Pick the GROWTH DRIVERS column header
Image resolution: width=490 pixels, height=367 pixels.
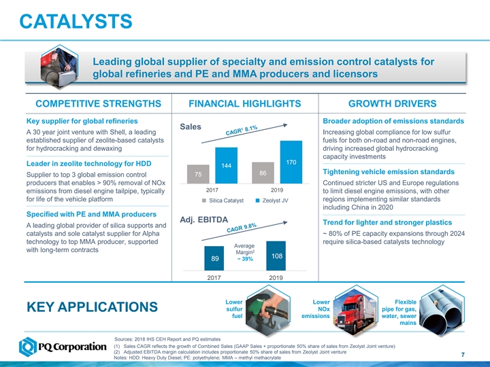[392, 104]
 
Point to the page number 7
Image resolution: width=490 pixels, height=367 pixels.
[462, 353]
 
